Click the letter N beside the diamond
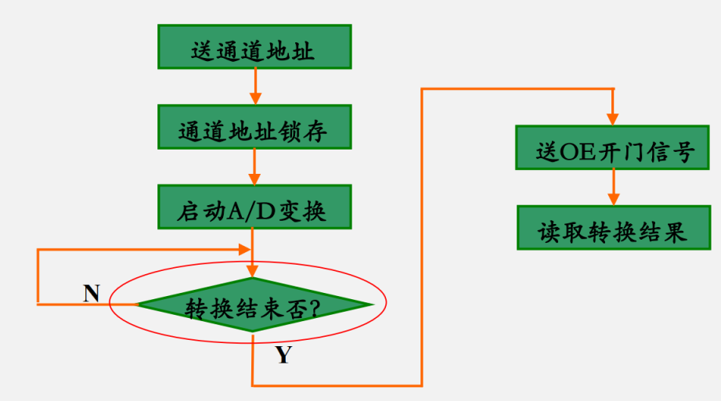tap(92, 293)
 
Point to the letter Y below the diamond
tap(283, 356)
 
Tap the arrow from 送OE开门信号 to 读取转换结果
tap(613, 188)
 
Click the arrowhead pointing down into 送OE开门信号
tap(613, 118)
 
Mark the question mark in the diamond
tap(313, 307)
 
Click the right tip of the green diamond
tap(370, 304)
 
